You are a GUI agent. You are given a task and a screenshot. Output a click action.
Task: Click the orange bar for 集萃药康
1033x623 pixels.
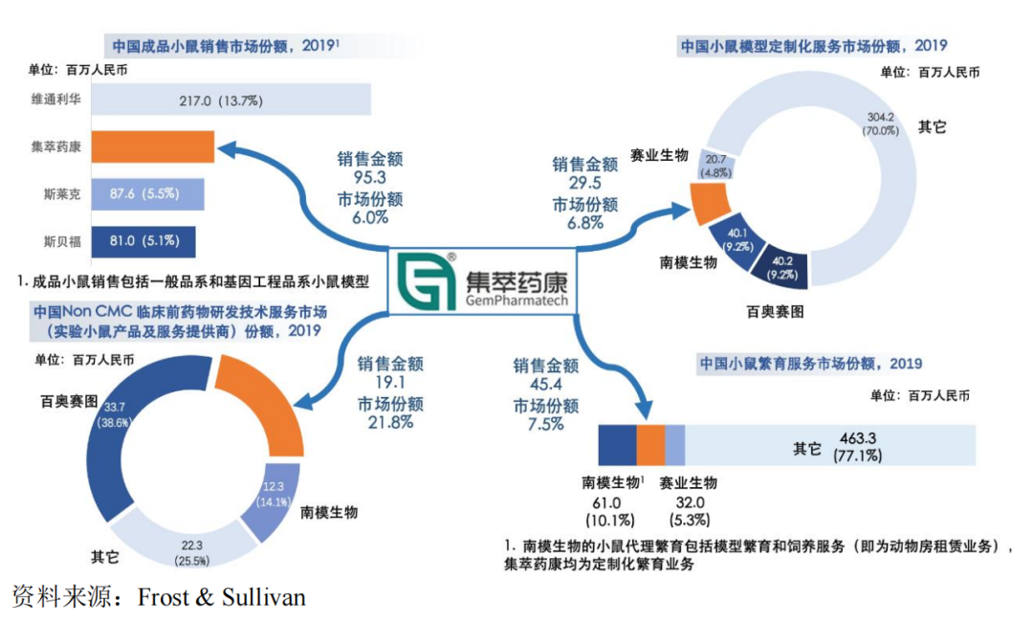(152, 147)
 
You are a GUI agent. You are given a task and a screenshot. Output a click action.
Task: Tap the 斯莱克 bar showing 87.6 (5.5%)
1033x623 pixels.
(147, 193)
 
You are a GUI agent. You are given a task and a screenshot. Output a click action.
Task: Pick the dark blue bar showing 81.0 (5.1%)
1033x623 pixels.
(143, 240)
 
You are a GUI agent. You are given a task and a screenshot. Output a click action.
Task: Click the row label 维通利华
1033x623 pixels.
(55, 100)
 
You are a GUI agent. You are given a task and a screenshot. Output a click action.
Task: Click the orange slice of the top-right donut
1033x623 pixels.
(710, 201)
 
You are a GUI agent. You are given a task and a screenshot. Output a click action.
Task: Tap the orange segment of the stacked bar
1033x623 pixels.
(650, 446)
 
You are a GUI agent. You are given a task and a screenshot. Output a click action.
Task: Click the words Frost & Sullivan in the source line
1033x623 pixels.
(222, 598)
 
